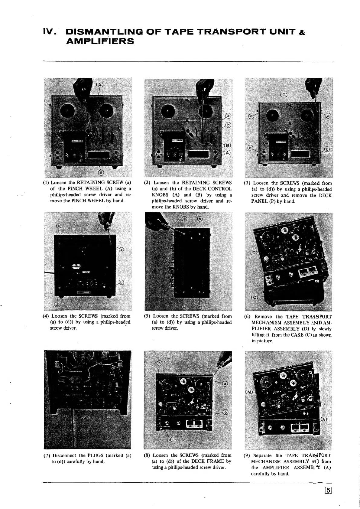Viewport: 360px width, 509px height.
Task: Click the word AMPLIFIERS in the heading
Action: [x=100, y=41]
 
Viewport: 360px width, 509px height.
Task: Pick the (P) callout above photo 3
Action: [x=284, y=95]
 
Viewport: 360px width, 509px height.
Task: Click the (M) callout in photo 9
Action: [x=248, y=392]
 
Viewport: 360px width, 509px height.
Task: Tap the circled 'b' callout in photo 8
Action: [x=225, y=413]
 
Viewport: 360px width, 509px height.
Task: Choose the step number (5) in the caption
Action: [x=147, y=316]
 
